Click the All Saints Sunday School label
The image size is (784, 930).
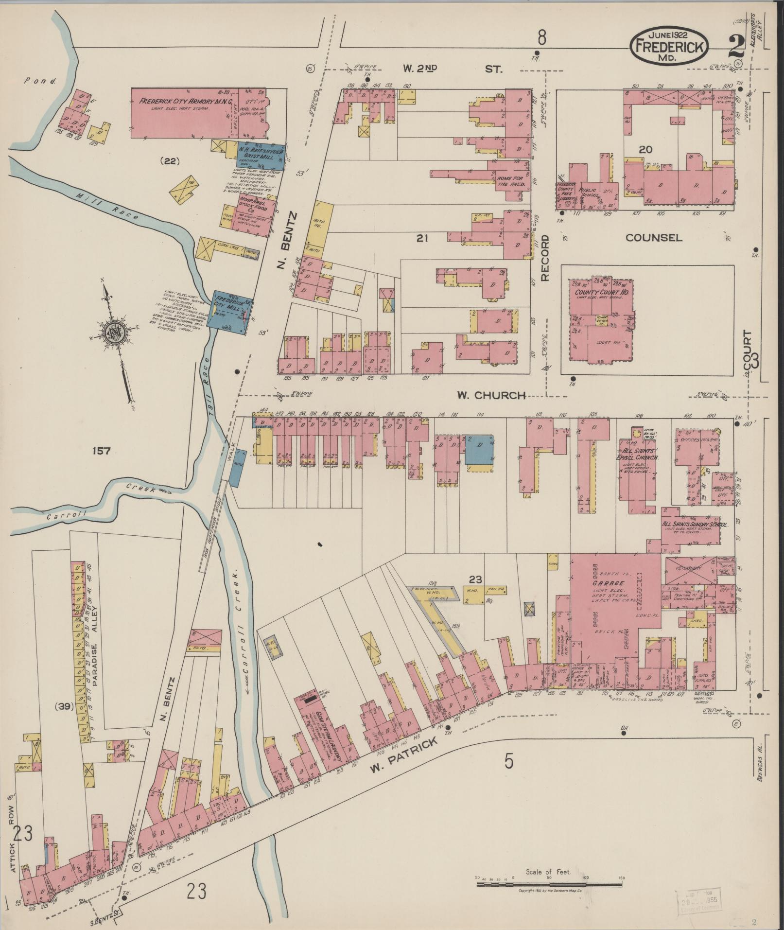point(694,526)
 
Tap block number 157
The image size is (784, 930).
point(101,451)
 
